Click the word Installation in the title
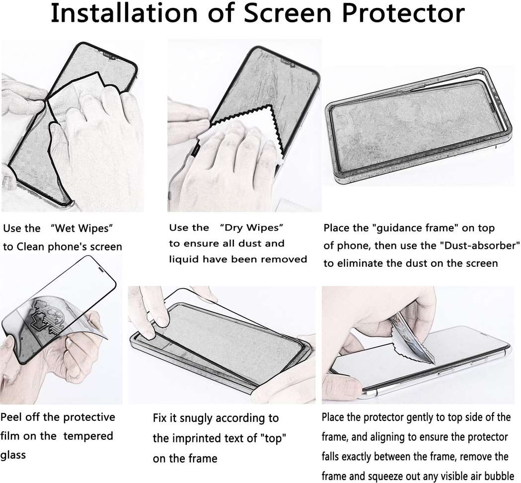click(125, 13)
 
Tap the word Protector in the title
click(403, 13)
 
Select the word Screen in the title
click(288, 13)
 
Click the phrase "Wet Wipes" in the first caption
click(82, 229)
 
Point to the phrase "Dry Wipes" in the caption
click(251, 228)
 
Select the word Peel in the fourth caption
click(10, 417)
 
